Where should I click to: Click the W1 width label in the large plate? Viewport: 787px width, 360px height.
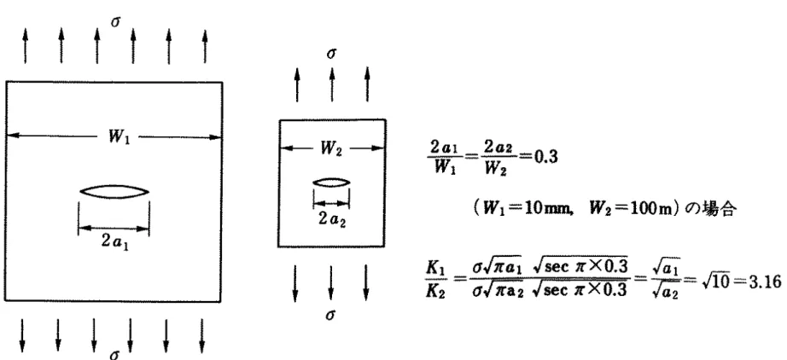[x=120, y=136]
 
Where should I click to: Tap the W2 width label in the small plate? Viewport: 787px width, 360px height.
[x=330, y=148]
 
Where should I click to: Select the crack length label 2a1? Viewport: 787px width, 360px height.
[x=114, y=241]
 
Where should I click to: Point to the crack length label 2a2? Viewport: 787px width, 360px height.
[x=332, y=219]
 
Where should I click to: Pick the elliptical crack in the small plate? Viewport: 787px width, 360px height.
[x=331, y=183]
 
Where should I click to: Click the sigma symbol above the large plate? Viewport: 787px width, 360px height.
[x=115, y=21]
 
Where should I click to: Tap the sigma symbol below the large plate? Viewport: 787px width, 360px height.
[x=115, y=354]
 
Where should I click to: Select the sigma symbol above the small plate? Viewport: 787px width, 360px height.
[x=331, y=53]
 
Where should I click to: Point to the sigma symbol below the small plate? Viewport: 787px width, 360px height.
[x=330, y=315]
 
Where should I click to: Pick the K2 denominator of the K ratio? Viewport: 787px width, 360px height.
[x=434, y=292]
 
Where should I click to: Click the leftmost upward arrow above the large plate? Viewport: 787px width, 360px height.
[x=26, y=46]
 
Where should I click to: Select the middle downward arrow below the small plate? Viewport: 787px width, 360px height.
[x=330, y=282]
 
